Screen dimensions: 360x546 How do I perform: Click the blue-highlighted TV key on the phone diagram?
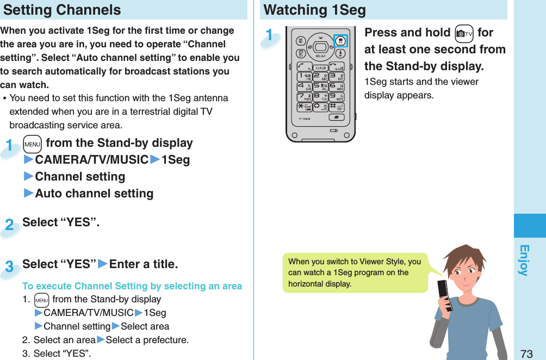(x=340, y=41)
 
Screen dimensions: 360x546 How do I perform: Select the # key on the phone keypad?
(x=337, y=107)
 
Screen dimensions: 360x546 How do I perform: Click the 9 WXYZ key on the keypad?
(x=337, y=97)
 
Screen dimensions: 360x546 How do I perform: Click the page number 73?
(x=526, y=353)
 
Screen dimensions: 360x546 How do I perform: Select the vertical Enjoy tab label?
(x=524, y=260)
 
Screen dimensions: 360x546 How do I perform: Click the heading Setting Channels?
(x=63, y=10)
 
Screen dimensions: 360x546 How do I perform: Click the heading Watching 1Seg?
(x=315, y=10)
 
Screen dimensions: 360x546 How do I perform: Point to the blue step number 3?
(x=9, y=267)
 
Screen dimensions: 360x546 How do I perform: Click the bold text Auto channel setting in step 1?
(x=94, y=194)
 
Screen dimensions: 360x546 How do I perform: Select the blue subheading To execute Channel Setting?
(x=132, y=286)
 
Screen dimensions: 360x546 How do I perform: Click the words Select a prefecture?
(x=147, y=340)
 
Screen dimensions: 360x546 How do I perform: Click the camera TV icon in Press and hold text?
(x=463, y=33)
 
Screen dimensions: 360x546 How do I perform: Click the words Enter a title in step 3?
(x=143, y=264)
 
